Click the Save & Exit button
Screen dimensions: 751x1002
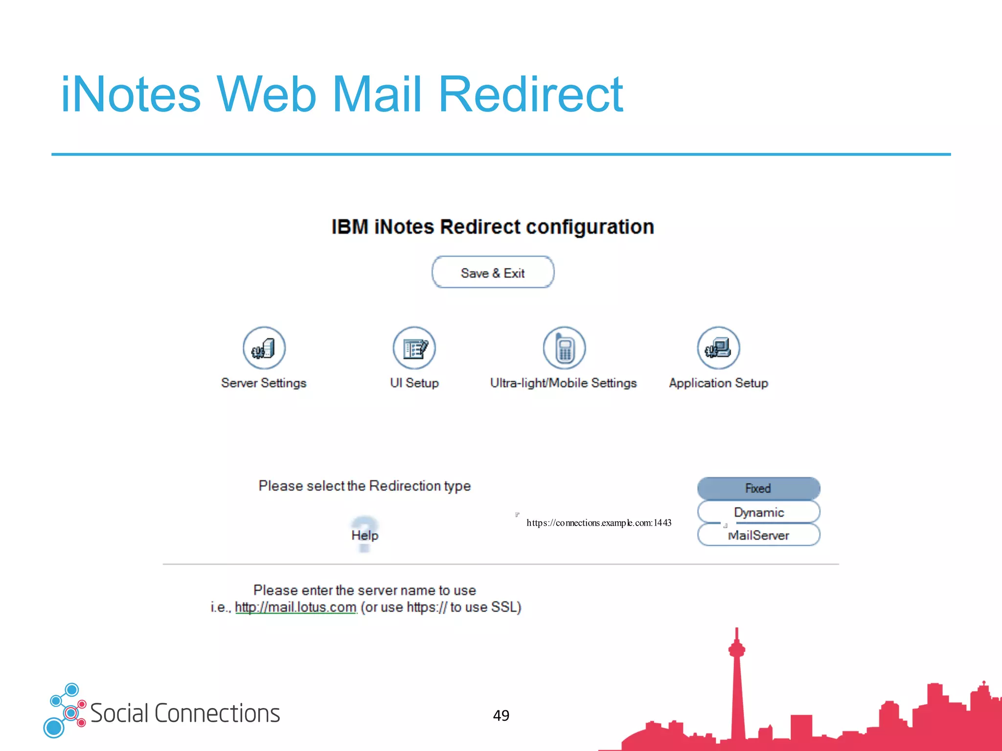(493, 272)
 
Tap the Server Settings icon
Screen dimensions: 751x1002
(264, 348)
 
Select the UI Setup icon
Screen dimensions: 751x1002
(414, 348)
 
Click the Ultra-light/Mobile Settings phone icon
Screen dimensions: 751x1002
(564, 348)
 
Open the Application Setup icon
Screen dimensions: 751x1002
(718, 348)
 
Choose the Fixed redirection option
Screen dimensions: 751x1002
(758, 488)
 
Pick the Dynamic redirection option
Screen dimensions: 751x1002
(758, 512)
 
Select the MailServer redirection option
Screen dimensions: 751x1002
(758, 535)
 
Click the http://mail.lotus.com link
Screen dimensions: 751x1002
(296, 607)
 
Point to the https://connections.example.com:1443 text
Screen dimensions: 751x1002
(599, 523)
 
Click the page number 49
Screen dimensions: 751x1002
(501, 715)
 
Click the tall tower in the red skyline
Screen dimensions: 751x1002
(737, 685)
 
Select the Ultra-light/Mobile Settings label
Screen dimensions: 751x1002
(564, 383)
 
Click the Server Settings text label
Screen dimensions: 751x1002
(264, 383)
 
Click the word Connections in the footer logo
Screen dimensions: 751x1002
(217, 713)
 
